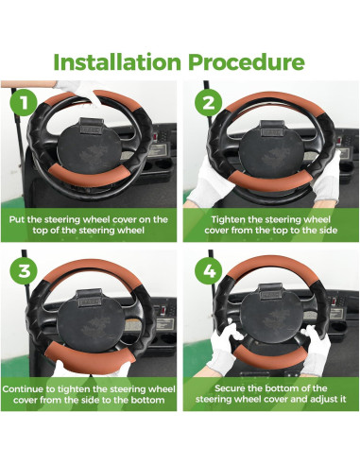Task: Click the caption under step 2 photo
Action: coord(270,225)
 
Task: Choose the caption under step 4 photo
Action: coord(270,394)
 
